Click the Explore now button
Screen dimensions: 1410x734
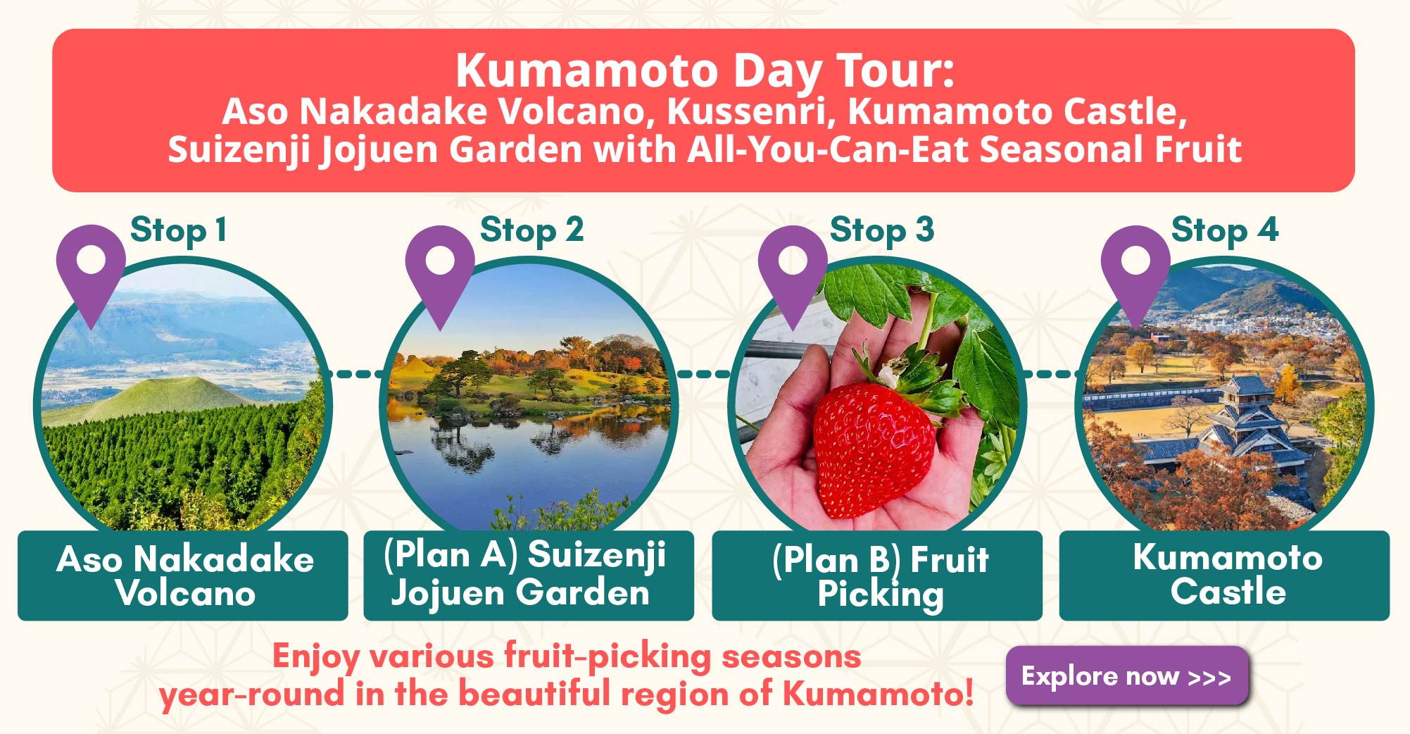(1127, 676)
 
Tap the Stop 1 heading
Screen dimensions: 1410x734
(179, 231)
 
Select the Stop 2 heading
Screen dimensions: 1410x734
(531, 231)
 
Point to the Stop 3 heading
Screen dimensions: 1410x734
(882, 231)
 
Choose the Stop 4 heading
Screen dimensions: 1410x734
(1225, 231)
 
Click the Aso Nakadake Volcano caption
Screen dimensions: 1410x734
(184, 576)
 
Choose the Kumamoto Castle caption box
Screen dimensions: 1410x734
(1224, 576)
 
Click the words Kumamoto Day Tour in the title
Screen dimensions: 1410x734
(705, 70)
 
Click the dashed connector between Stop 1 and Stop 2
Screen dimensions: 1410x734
(355, 373)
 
